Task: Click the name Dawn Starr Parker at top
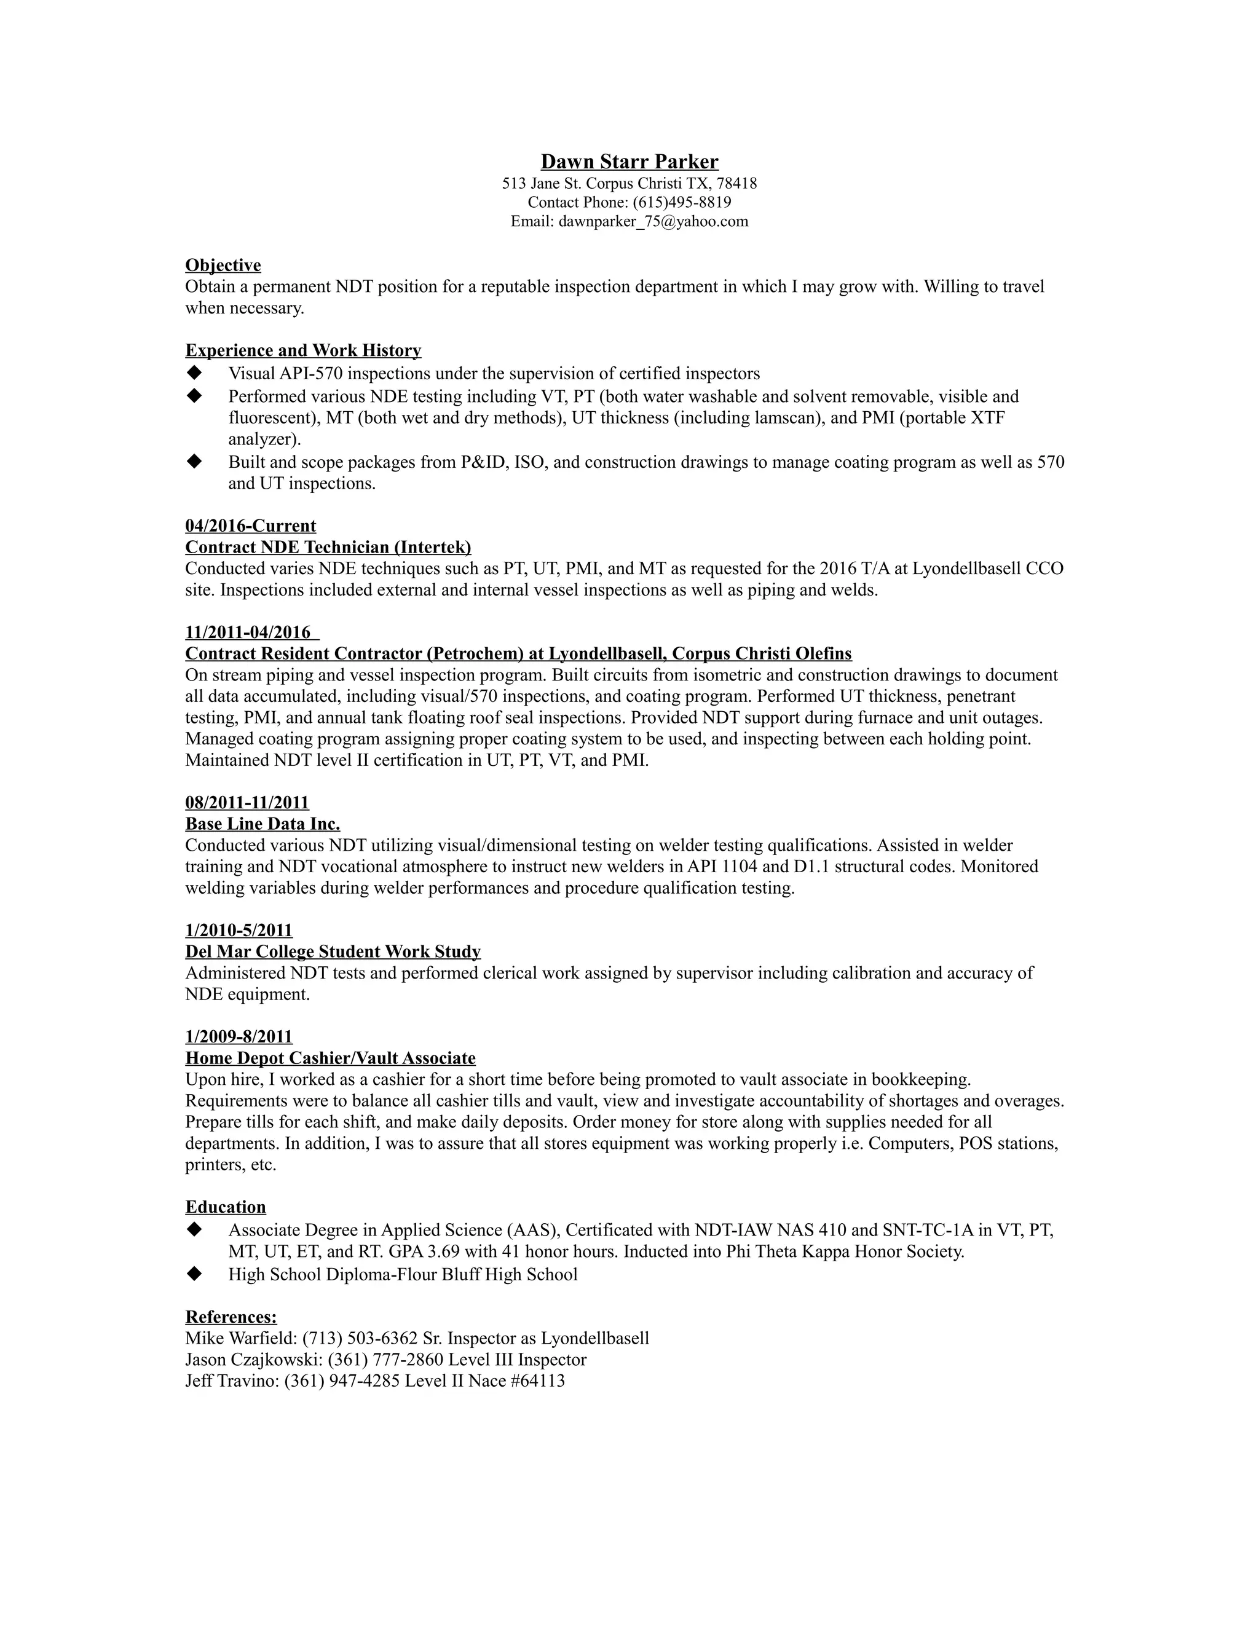click(x=629, y=162)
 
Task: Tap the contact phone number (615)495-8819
click(x=682, y=202)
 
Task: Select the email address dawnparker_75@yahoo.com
click(x=653, y=221)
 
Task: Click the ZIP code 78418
click(x=737, y=183)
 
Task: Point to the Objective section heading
click(x=223, y=265)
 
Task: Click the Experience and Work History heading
click(x=302, y=350)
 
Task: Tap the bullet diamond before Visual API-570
click(x=194, y=372)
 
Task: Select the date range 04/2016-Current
click(x=250, y=526)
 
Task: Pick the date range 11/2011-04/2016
click(x=248, y=632)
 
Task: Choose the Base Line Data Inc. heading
click(x=262, y=824)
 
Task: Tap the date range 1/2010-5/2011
click(x=239, y=931)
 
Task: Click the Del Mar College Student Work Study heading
click(x=332, y=952)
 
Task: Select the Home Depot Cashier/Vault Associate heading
click(x=330, y=1058)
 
